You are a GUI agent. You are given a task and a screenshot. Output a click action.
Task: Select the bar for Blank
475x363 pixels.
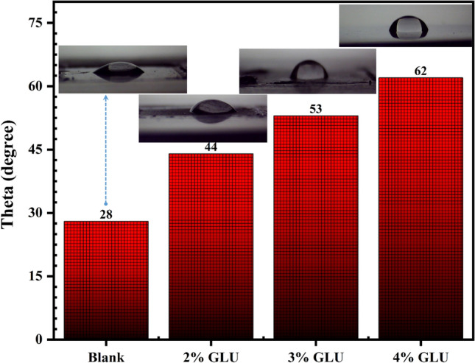[106, 280]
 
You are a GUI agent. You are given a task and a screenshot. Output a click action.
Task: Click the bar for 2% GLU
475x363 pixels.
[211, 247]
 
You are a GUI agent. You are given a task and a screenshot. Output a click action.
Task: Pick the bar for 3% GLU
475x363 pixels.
[316, 228]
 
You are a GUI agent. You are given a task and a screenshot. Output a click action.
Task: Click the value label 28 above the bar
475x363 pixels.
[106, 214]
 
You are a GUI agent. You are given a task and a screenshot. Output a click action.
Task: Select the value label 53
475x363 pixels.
[316, 109]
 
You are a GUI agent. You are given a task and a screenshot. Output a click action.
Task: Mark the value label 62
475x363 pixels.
[421, 71]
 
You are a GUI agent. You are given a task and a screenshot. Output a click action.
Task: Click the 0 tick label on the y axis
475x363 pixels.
[39, 339]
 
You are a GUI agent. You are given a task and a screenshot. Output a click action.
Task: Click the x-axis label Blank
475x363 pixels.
[106, 353]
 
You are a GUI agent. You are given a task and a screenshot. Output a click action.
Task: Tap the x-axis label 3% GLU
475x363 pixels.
[316, 353]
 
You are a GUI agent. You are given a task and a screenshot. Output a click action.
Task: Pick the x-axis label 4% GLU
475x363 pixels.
[421, 353]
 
